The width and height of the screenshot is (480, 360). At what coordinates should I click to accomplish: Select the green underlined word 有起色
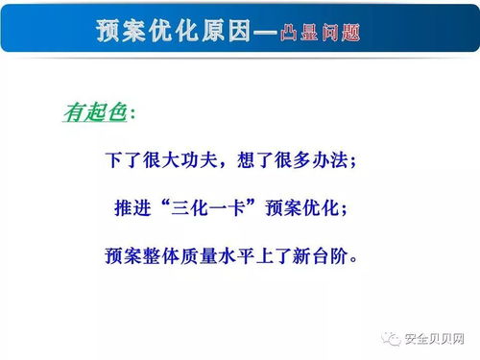[94, 113]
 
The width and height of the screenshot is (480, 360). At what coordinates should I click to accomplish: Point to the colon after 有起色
[132, 114]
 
